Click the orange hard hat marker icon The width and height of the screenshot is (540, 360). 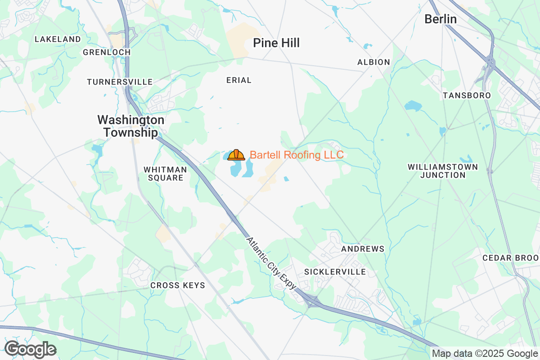[236, 155]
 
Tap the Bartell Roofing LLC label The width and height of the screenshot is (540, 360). [297, 155]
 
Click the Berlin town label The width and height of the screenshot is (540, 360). [441, 19]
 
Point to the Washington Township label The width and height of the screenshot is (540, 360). [131, 126]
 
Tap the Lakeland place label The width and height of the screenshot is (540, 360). [58, 39]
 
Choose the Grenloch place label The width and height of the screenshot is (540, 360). [107, 52]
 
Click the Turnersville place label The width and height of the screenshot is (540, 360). [120, 82]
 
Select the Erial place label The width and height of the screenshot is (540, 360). [239, 80]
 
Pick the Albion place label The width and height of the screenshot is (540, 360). [373, 62]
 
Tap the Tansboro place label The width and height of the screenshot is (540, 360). [467, 95]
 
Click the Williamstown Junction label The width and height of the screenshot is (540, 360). [443, 171]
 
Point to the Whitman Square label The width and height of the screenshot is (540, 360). [165, 174]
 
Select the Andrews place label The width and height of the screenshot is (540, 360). [363, 249]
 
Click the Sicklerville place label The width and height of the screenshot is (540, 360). [335, 272]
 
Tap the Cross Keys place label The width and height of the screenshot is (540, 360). [178, 285]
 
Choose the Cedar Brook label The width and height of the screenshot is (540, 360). [511, 258]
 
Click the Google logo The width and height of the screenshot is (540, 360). [30, 349]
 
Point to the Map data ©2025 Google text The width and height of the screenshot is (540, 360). [485, 354]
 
